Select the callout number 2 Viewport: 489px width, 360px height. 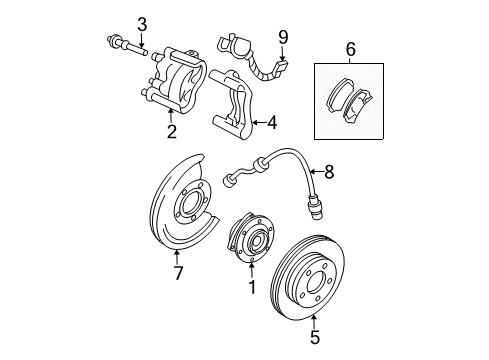(x=171, y=130)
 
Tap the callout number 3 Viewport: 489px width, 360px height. (x=142, y=24)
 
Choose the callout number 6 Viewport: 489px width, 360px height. (x=350, y=47)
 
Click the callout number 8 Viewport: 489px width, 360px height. (x=329, y=172)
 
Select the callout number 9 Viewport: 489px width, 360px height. (x=283, y=38)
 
